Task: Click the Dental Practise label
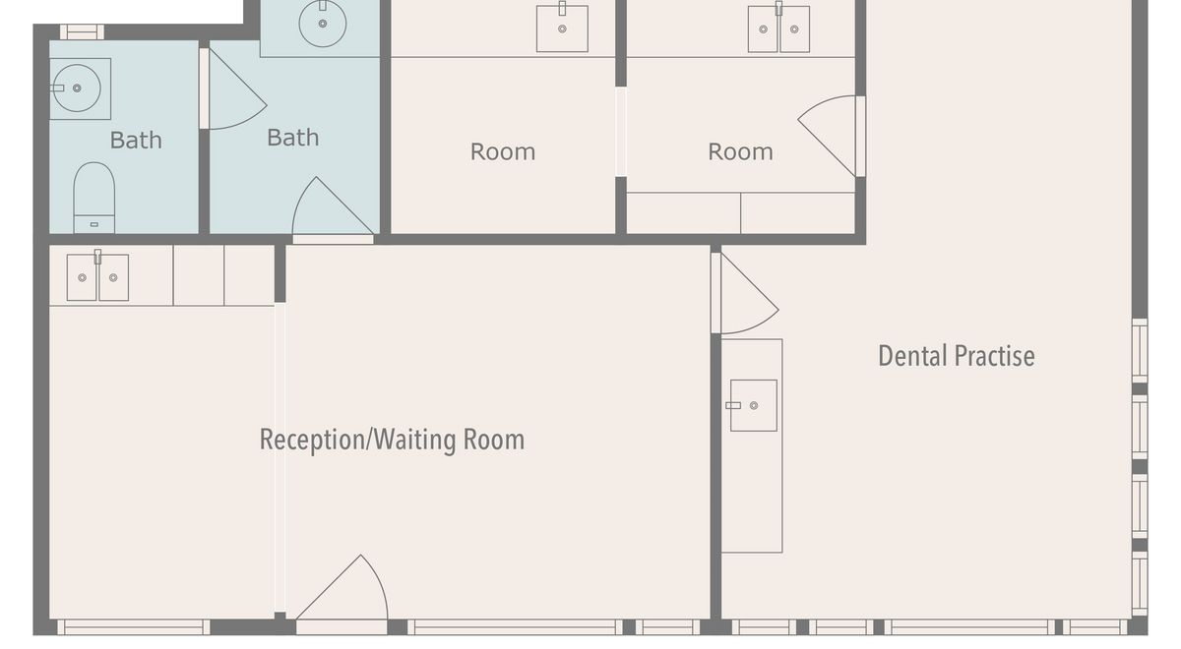tap(957, 356)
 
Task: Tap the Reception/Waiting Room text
tap(393, 440)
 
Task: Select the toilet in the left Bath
tap(93, 198)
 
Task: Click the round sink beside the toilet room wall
tap(77, 88)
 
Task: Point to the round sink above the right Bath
tap(323, 24)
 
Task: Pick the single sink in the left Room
tap(562, 29)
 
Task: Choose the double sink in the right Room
tap(778, 29)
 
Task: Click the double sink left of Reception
tap(97, 277)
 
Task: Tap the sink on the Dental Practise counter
tap(753, 405)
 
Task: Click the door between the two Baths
tap(232, 88)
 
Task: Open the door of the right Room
tap(832, 136)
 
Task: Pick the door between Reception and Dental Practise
tap(744, 293)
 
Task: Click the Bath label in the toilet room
tap(136, 140)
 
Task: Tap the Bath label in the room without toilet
tap(292, 138)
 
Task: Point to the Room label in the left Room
tap(503, 151)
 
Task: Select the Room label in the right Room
tap(740, 151)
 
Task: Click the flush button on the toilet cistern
tap(93, 224)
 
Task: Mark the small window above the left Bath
tap(82, 31)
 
